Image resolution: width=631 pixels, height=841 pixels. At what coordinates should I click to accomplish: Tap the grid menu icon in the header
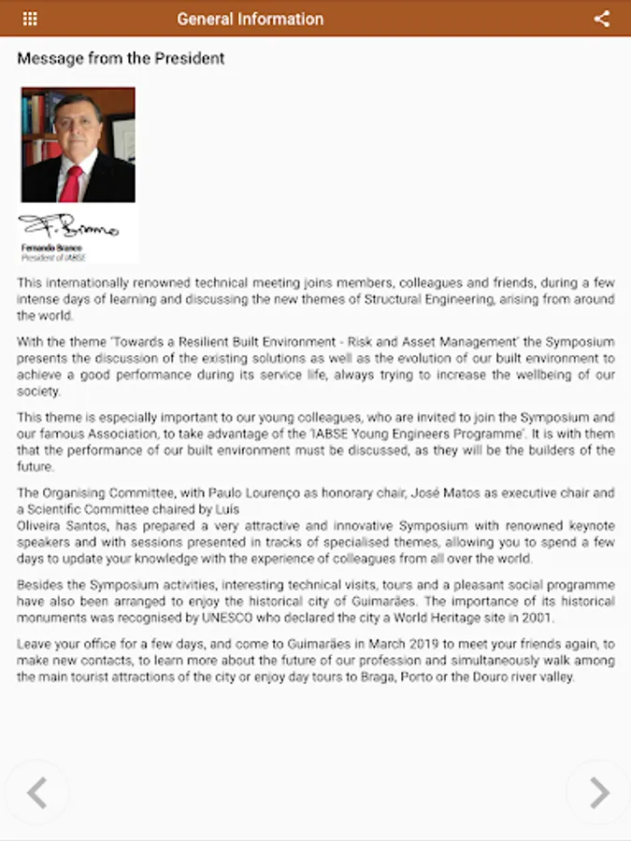click(30, 19)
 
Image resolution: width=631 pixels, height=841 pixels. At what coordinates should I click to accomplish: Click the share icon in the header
click(602, 19)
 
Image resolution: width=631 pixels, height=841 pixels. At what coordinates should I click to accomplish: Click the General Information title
click(250, 19)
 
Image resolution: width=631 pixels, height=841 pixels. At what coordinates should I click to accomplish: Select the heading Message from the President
click(121, 59)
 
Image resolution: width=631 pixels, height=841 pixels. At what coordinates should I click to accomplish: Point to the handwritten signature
click(67, 226)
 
